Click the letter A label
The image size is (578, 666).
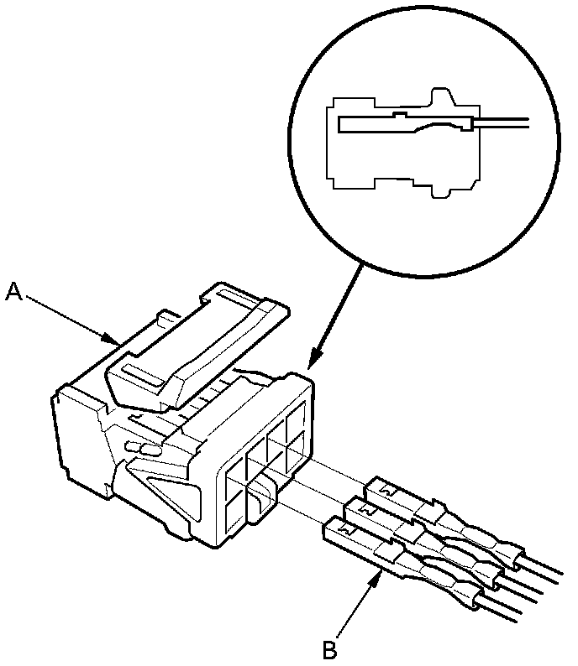click(x=13, y=291)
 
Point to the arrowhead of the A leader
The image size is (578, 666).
click(x=116, y=341)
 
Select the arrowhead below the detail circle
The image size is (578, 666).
click(x=313, y=363)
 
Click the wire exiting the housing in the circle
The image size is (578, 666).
click(x=504, y=123)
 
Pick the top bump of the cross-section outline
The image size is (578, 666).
click(x=444, y=95)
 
